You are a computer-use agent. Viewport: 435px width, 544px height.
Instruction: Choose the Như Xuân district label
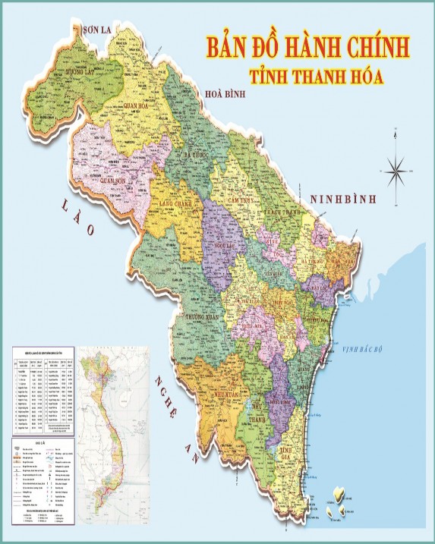pyautogui.click(x=225, y=395)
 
